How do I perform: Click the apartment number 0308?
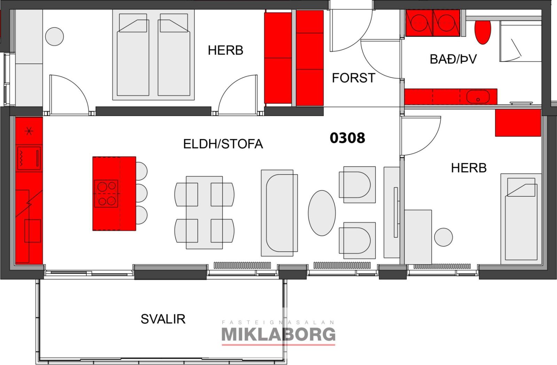(x=347, y=138)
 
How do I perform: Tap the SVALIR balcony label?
(x=163, y=319)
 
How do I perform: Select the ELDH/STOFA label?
(x=223, y=144)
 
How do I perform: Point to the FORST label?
(x=354, y=78)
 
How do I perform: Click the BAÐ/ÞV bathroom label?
(x=453, y=59)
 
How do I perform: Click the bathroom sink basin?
(x=478, y=97)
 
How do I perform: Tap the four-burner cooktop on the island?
(x=106, y=193)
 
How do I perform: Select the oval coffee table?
(x=322, y=213)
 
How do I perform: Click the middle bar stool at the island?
(x=141, y=193)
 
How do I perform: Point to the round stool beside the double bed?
(x=54, y=37)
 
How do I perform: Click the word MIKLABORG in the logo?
(x=278, y=334)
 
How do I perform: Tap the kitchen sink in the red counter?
(x=33, y=231)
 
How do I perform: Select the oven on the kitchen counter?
(x=29, y=158)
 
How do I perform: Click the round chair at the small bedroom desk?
(x=444, y=237)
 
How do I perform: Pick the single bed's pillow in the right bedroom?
(x=521, y=187)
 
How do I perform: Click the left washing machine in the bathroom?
(x=419, y=23)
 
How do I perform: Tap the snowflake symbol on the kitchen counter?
(x=29, y=131)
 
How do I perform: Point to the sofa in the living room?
(x=280, y=213)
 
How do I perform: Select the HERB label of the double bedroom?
(x=225, y=50)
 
